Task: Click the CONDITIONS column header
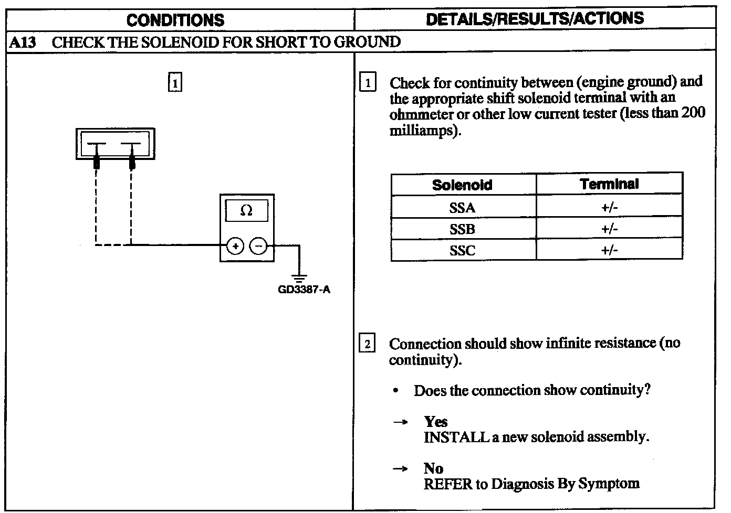[x=175, y=20]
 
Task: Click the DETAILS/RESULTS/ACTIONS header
[x=535, y=19]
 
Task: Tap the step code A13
[x=23, y=42]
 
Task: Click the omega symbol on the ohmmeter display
[x=246, y=211]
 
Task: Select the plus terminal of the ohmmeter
[x=235, y=245]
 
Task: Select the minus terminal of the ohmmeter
[x=258, y=245]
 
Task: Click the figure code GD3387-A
[x=304, y=290]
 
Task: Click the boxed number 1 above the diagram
[x=175, y=83]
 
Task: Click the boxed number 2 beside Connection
[x=367, y=344]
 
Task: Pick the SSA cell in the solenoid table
[x=463, y=208]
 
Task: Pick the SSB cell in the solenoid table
[x=463, y=229]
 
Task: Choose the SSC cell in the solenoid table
[x=463, y=250]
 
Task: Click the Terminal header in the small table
[x=609, y=184]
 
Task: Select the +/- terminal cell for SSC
[x=609, y=250]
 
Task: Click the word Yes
[x=436, y=422]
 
